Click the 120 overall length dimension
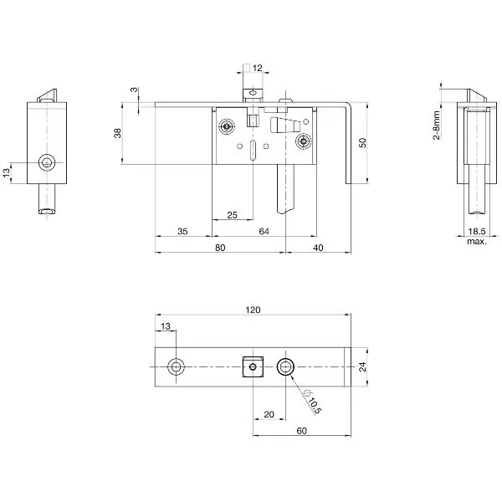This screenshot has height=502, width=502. click(253, 310)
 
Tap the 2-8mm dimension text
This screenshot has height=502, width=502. click(437, 125)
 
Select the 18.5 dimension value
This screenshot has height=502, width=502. click(477, 231)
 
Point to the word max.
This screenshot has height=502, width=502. click(477, 242)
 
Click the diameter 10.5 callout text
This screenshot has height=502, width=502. click(312, 402)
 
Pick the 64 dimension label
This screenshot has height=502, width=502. click(264, 231)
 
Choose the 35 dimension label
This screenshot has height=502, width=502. click(182, 231)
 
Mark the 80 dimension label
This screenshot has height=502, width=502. click(220, 248)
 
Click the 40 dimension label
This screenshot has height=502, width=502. click(318, 248)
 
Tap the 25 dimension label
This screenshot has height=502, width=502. click(232, 215)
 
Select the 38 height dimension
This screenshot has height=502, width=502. click(117, 133)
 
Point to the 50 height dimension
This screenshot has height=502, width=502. click(362, 143)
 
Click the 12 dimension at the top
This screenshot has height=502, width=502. click(257, 68)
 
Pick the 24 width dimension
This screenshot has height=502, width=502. click(362, 367)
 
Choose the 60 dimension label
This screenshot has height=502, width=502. click(301, 431)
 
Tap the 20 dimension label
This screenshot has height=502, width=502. click(269, 414)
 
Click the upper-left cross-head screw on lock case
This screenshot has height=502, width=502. click(227, 127)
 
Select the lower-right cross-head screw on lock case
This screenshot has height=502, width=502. click(304, 141)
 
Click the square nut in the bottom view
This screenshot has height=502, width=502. click(253, 366)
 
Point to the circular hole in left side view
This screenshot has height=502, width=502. click(47, 162)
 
